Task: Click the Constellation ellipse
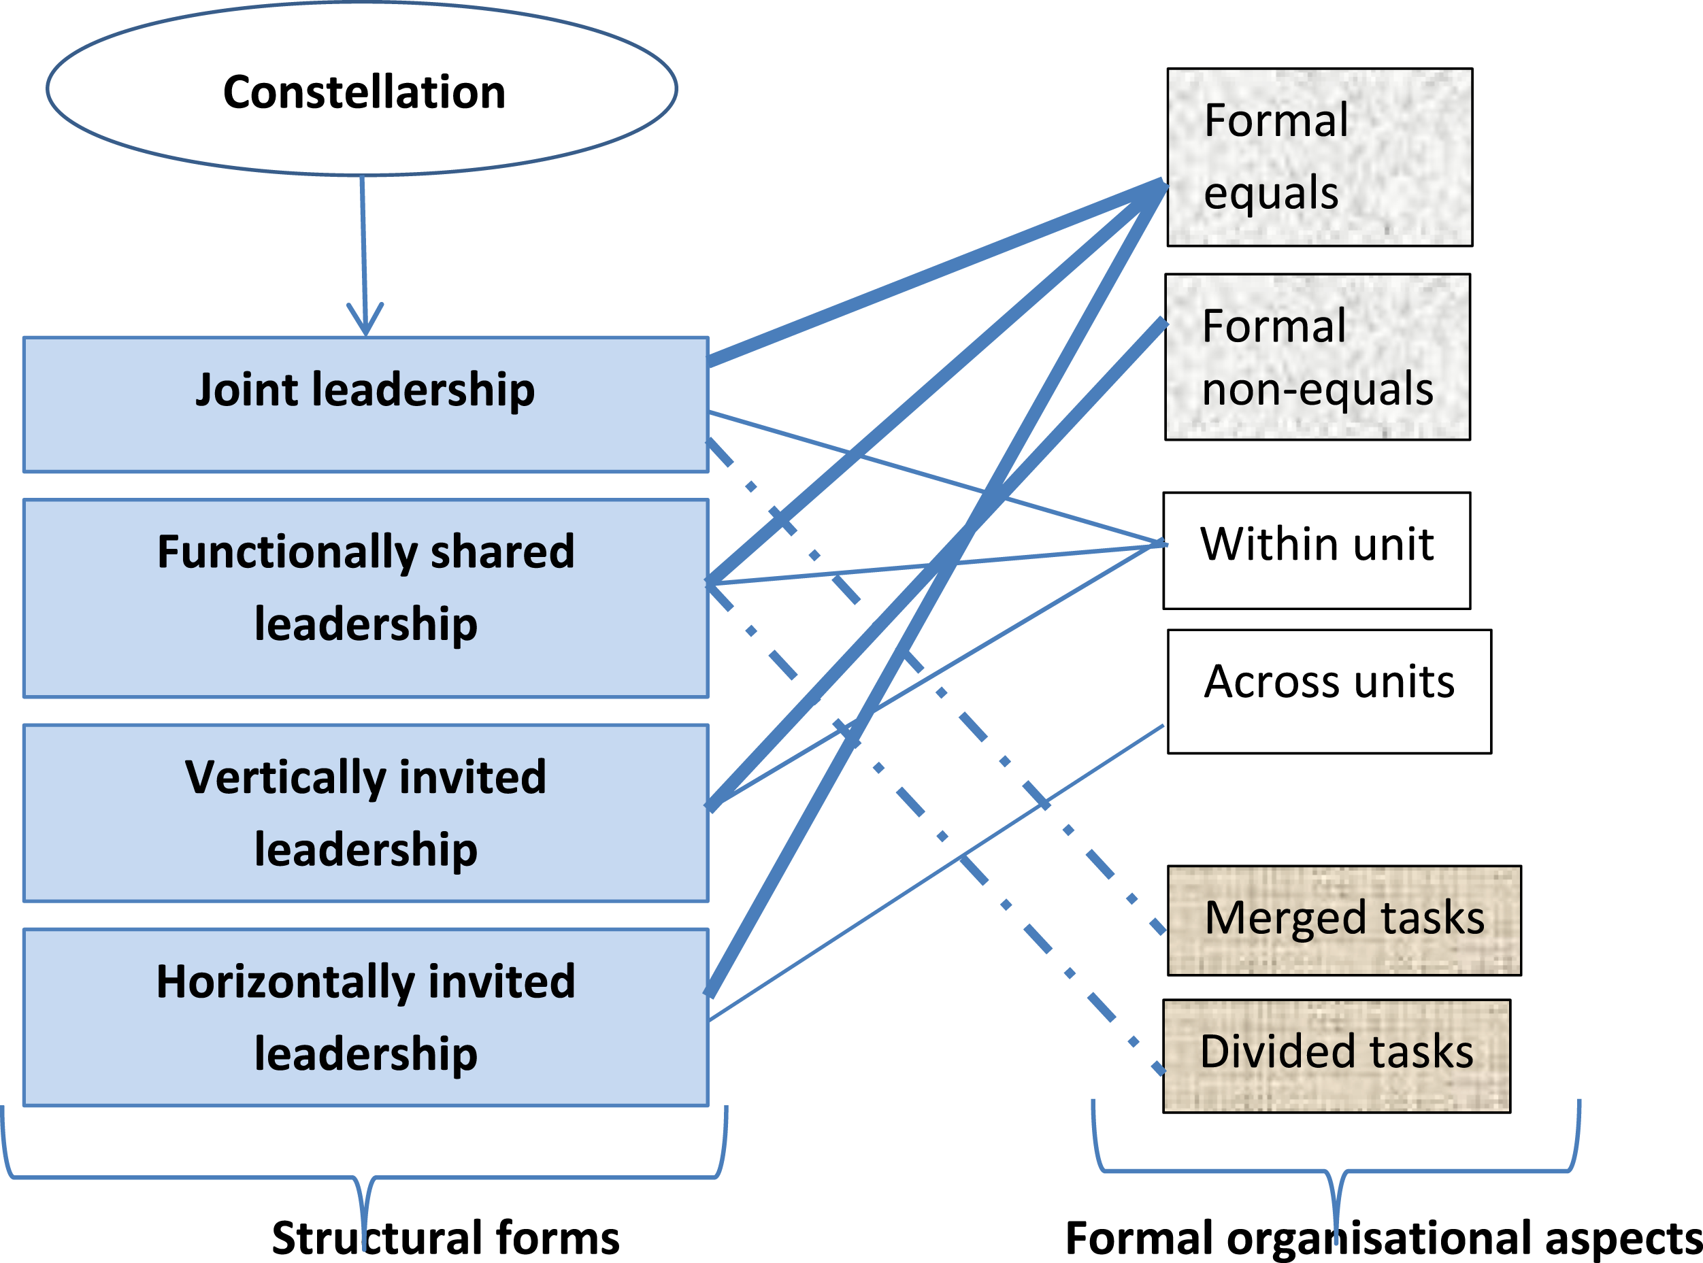point(362,88)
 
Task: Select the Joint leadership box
point(366,405)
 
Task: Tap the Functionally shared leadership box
point(366,599)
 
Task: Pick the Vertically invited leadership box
point(366,813)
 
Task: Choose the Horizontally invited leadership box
point(366,1017)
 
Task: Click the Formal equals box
point(1320,158)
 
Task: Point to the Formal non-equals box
point(1318,357)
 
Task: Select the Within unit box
point(1317,550)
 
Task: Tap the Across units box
point(1329,692)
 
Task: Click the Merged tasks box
point(1344,920)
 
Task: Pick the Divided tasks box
point(1337,1056)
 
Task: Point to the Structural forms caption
point(446,1238)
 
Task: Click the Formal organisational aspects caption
point(1383,1239)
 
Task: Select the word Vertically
point(284,778)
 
